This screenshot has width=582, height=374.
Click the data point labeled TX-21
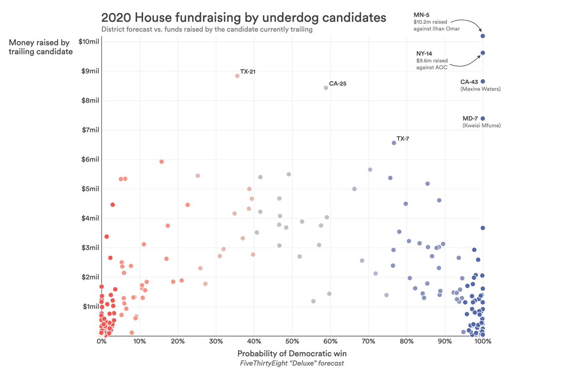click(237, 76)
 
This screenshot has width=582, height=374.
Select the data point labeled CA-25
click(326, 88)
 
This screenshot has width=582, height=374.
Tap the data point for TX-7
click(394, 143)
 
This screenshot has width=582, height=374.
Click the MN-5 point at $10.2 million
click(483, 36)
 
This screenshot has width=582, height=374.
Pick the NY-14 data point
click(483, 53)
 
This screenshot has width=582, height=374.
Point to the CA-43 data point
click(483, 81)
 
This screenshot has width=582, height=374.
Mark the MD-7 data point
click(483, 118)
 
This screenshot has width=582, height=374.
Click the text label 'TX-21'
click(248, 72)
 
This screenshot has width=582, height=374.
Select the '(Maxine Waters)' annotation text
click(480, 89)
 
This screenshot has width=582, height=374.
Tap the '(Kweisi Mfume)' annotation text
click(481, 126)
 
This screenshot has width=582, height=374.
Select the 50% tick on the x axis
click(292, 341)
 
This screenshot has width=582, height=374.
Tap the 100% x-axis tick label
click(483, 341)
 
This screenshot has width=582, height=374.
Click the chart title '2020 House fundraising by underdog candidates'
click(243, 17)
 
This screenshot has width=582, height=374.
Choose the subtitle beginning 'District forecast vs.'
click(207, 30)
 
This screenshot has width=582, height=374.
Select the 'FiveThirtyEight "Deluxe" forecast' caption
click(291, 363)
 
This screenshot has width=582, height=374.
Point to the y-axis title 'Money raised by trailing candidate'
click(41, 47)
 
